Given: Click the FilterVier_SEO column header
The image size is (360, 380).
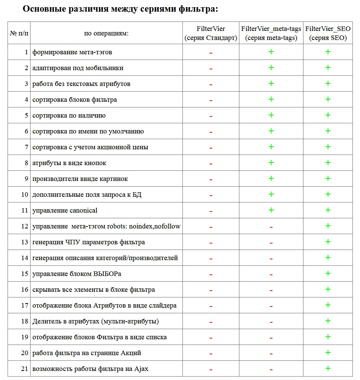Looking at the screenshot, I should click(328, 33).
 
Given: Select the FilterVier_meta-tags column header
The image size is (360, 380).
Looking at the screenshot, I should click(271, 33).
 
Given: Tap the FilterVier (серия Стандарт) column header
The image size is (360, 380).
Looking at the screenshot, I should click(211, 33).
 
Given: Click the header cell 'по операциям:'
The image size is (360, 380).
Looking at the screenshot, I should click(106, 33).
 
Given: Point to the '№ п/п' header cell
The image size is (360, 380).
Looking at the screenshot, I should click(19, 33).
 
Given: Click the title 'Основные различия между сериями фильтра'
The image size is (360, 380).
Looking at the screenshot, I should click(120, 9).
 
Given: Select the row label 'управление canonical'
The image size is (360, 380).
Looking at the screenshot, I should click(65, 210).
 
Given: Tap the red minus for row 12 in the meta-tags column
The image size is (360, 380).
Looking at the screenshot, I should click(271, 227).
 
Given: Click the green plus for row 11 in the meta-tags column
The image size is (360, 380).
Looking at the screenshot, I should click(271, 210).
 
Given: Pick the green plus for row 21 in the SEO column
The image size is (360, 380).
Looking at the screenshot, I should click(328, 368).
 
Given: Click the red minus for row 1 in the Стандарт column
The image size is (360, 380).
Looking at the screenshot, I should click(211, 53).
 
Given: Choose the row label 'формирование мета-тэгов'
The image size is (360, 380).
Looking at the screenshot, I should click(72, 52).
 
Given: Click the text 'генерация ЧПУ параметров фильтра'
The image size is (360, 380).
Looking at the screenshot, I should click(89, 242).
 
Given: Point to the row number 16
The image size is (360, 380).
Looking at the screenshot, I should click(25, 290).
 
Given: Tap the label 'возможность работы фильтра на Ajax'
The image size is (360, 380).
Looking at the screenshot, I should click(90, 369).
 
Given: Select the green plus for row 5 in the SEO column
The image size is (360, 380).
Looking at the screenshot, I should click(328, 115).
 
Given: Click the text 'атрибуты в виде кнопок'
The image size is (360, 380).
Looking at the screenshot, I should click(69, 163).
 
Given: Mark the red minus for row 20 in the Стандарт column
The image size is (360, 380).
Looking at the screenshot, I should click(211, 354).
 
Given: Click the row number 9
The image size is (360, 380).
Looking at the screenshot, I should click(26, 179).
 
